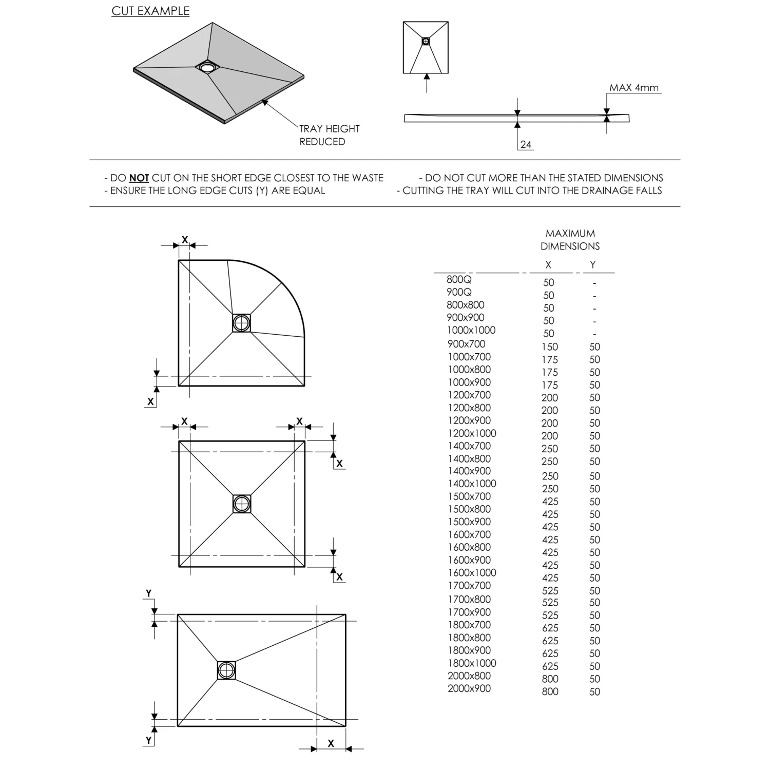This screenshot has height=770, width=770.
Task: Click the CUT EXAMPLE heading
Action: coord(150,11)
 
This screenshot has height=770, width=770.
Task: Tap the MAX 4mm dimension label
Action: coord(633,88)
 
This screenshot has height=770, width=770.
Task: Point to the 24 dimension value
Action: coord(526,144)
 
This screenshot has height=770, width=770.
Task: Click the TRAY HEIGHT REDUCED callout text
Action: coord(329,135)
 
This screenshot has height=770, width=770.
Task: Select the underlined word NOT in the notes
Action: coord(139,178)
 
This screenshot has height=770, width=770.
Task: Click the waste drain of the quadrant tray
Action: coord(241,323)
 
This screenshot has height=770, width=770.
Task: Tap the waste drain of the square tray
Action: coord(241,504)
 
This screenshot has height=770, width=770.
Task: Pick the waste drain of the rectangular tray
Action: coord(226,670)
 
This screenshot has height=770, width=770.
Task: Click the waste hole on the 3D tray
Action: coord(207,67)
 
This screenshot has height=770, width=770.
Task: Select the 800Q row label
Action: coord(459,279)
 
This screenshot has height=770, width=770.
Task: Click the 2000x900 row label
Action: coord(469,688)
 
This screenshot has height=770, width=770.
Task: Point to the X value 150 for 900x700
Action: coord(549,346)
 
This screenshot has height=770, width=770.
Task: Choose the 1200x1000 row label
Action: coord(472,433)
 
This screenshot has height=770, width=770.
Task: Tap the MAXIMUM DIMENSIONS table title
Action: coord(570,240)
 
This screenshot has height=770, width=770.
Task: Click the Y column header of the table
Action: coord(593,265)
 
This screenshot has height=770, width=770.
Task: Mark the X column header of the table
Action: coord(548,265)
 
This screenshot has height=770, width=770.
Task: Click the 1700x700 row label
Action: coord(469,585)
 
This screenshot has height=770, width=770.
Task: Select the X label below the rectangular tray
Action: coord(331,743)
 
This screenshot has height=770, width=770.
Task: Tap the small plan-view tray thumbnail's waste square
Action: coord(426,41)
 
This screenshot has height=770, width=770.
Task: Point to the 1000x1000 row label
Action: coord(471,330)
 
